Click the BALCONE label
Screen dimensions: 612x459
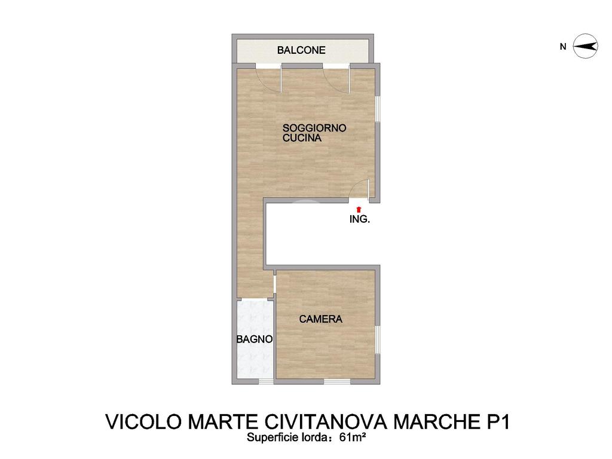pyautogui.click(x=301, y=50)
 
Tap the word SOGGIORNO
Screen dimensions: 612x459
pyautogui.click(x=314, y=128)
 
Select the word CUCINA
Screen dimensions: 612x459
pyautogui.click(x=302, y=138)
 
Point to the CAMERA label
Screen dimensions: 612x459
pyautogui.click(x=320, y=319)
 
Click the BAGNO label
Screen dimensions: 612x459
pyautogui.click(x=254, y=339)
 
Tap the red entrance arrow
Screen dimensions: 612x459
pyautogui.click(x=359, y=210)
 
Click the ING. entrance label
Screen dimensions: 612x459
pyautogui.click(x=359, y=219)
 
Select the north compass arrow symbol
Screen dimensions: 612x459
pyautogui.click(x=586, y=47)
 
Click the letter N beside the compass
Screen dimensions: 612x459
pyautogui.click(x=563, y=47)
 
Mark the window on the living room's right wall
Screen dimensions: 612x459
pyautogui.click(x=378, y=109)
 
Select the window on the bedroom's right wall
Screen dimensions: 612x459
pyautogui.click(x=378, y=340)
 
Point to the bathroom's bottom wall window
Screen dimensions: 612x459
pyautogui.click(x=267, y=381)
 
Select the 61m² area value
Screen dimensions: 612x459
pyautogui.click(x=353, y=437)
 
